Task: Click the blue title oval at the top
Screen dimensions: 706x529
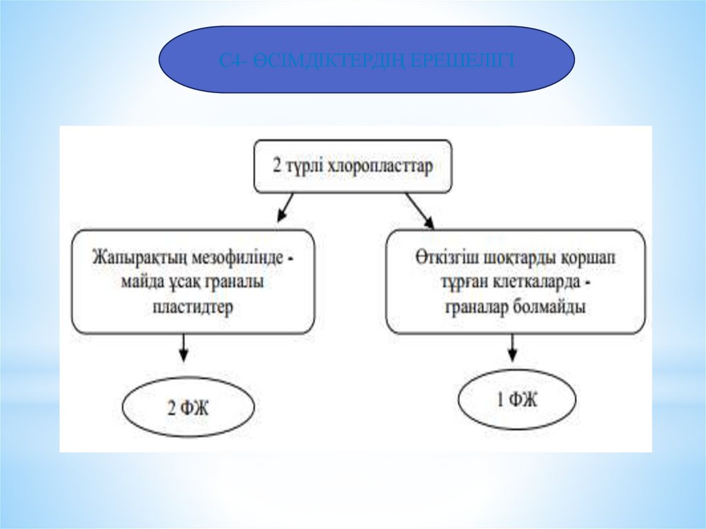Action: [366, 60]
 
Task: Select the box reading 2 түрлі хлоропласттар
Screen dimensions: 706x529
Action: [353, 166]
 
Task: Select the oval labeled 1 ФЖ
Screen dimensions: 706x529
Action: [516, 399]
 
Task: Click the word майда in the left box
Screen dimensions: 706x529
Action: [148, 283]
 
